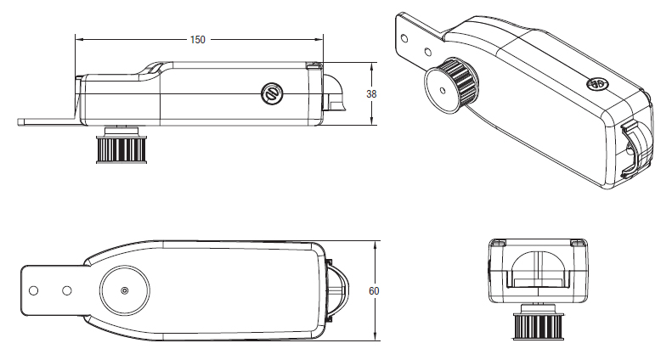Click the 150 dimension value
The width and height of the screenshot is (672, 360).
tap(198, 39)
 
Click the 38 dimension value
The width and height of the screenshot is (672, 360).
tap(371, 93)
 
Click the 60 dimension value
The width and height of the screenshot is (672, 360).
tap(373, 290)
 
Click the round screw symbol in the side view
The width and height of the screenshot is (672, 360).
tap(272, 93)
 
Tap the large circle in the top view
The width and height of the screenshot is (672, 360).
tap(125, 290)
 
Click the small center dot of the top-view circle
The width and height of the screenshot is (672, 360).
tap(125, 290)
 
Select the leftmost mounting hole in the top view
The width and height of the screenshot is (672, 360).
tap(34, 290)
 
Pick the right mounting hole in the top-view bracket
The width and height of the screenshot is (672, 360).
tap(67, 290)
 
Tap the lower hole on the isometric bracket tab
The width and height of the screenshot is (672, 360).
tap(427, 51)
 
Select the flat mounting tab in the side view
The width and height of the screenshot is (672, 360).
tap(42, 122)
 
